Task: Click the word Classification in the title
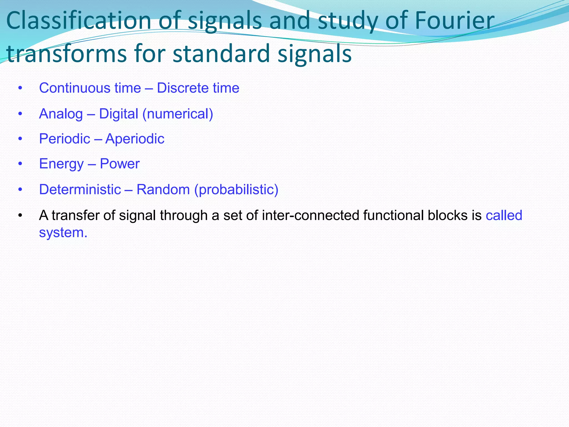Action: [x=78, y=21]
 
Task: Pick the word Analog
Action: [x=61, y=114]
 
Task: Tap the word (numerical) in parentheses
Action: [x=178, y=114]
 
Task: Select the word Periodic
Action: [x=64, y=139]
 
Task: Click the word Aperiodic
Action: [x=135, y=139]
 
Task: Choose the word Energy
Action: [x=61, y=164]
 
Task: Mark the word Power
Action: [x=119, y=164]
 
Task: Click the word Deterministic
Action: [x=80, y=190]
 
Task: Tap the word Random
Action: [x=163, y=190]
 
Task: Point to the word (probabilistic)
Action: [x=236, y=190]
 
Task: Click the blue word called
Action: [x=504, y=215]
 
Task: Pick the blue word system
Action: [x=63, y=233]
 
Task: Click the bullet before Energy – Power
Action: [x=20, y=164]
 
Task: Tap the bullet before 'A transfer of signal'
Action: [x=20, y=215]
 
